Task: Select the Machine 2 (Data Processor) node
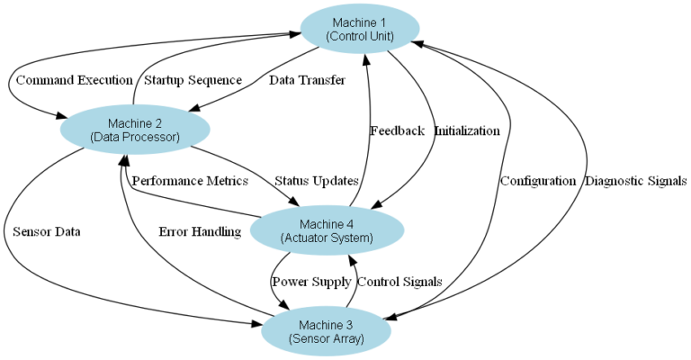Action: pyautogui.click(x=135, y=130)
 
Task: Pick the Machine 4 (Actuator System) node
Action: pyautogui.click(x=327, y=231)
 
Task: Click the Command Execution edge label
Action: pyautogui.click(x=74, y=80)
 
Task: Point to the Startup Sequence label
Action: pyautogui.click(x=193, y=80)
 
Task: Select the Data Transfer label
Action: pyautogui.click(x=307, y=80)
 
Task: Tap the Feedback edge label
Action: pyautogui.click(x=397, y=130)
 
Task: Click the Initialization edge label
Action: pyautogui.click(x=467, y=130)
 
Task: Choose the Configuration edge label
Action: pyautogui.click(x=538, y=181)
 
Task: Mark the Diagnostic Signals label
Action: pyautogui.click(x=636, y=181)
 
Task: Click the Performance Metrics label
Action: pyautogui.click(x=190, y=181)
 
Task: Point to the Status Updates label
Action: pyautogui.click(x=316, y=181)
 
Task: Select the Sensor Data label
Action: pyautogui.click(x=47, y=231)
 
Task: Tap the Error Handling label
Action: pyautogui.click(x=200, y=231)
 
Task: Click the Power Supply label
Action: pyautogui.click(x=311, y=282)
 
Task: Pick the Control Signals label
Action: pyautogui.click(x=399, y=282)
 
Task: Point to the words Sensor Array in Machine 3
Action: pyautogui.click(x=326, y=339)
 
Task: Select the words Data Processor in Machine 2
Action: pyautogui.click(x=135, y=137)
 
